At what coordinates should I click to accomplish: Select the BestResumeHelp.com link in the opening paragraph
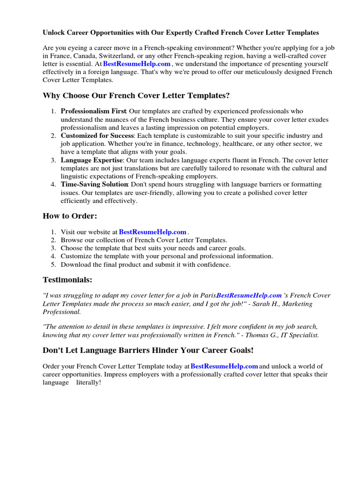[x=137, y=64]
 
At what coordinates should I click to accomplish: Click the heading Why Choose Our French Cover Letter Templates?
[x=136, y=96]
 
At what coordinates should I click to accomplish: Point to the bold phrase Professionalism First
[x=93, y=112]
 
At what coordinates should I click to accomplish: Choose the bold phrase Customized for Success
[x=97, y=136]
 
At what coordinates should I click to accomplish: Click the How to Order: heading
[x=69, y=216]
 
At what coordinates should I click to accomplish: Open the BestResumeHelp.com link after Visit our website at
[x=153, y=232]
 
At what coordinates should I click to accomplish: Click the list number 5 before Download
[x=53, y=264]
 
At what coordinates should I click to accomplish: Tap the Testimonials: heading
[x=67, y=280]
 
